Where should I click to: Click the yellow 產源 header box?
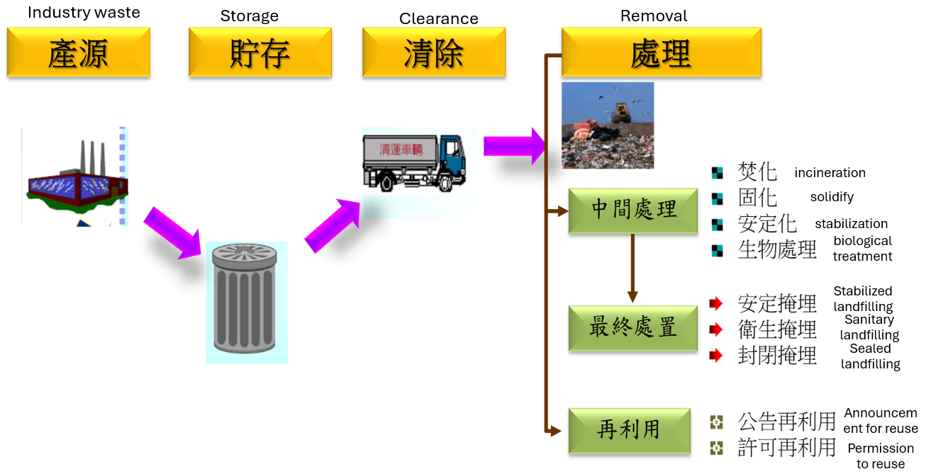(78, 52)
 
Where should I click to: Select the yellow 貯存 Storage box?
(260, 52)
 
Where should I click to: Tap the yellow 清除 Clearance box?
(433, 52)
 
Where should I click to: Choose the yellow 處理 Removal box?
(661, 52)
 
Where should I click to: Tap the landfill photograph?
(608, 125)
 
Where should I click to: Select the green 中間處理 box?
(632, 210)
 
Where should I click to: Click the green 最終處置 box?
(632, 328)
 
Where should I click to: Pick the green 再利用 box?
(629, 431)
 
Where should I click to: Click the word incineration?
(830, 173)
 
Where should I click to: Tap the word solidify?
(832, 197)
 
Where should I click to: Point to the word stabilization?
(851, 224)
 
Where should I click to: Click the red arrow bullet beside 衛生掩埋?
(716, 329)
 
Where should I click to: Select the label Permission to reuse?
(881, 456)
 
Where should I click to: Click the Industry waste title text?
(84, 13)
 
